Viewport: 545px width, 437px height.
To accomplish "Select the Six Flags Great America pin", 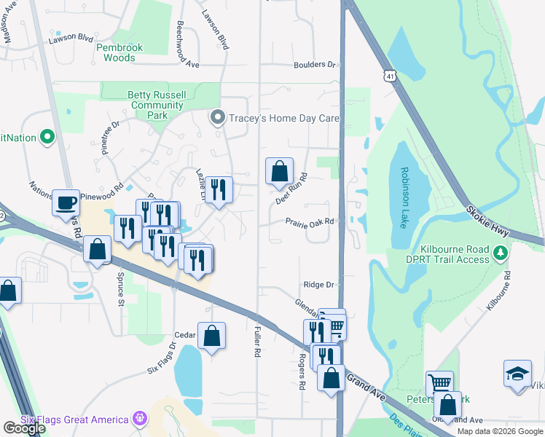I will (x=140, y=419).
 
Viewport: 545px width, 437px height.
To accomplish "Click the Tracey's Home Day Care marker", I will (x=217, y=117).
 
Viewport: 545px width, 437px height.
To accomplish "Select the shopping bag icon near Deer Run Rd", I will (x=279, y=171).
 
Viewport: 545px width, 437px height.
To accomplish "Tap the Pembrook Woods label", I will (x=115, y=52).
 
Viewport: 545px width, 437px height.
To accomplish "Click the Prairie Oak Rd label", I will (x=310, y=221).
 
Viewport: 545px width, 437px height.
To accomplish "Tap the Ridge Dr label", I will (x=319, y=285).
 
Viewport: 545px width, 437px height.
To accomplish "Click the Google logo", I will (x=23, y=428).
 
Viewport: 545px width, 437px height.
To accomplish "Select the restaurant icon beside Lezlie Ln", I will (x=219, y=190).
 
